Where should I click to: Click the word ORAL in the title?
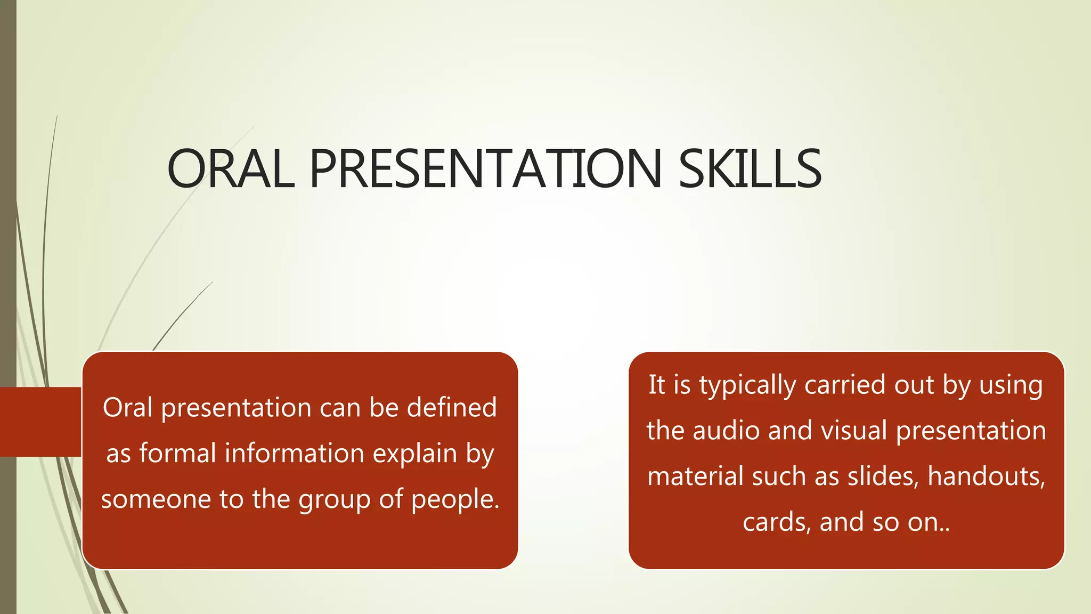[231, 169]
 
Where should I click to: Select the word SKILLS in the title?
[750, 169]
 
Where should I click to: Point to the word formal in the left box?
[177, 454]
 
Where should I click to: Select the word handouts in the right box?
[986, 476]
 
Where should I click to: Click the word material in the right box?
[695, 476]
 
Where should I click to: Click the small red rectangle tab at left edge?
[40, 422]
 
